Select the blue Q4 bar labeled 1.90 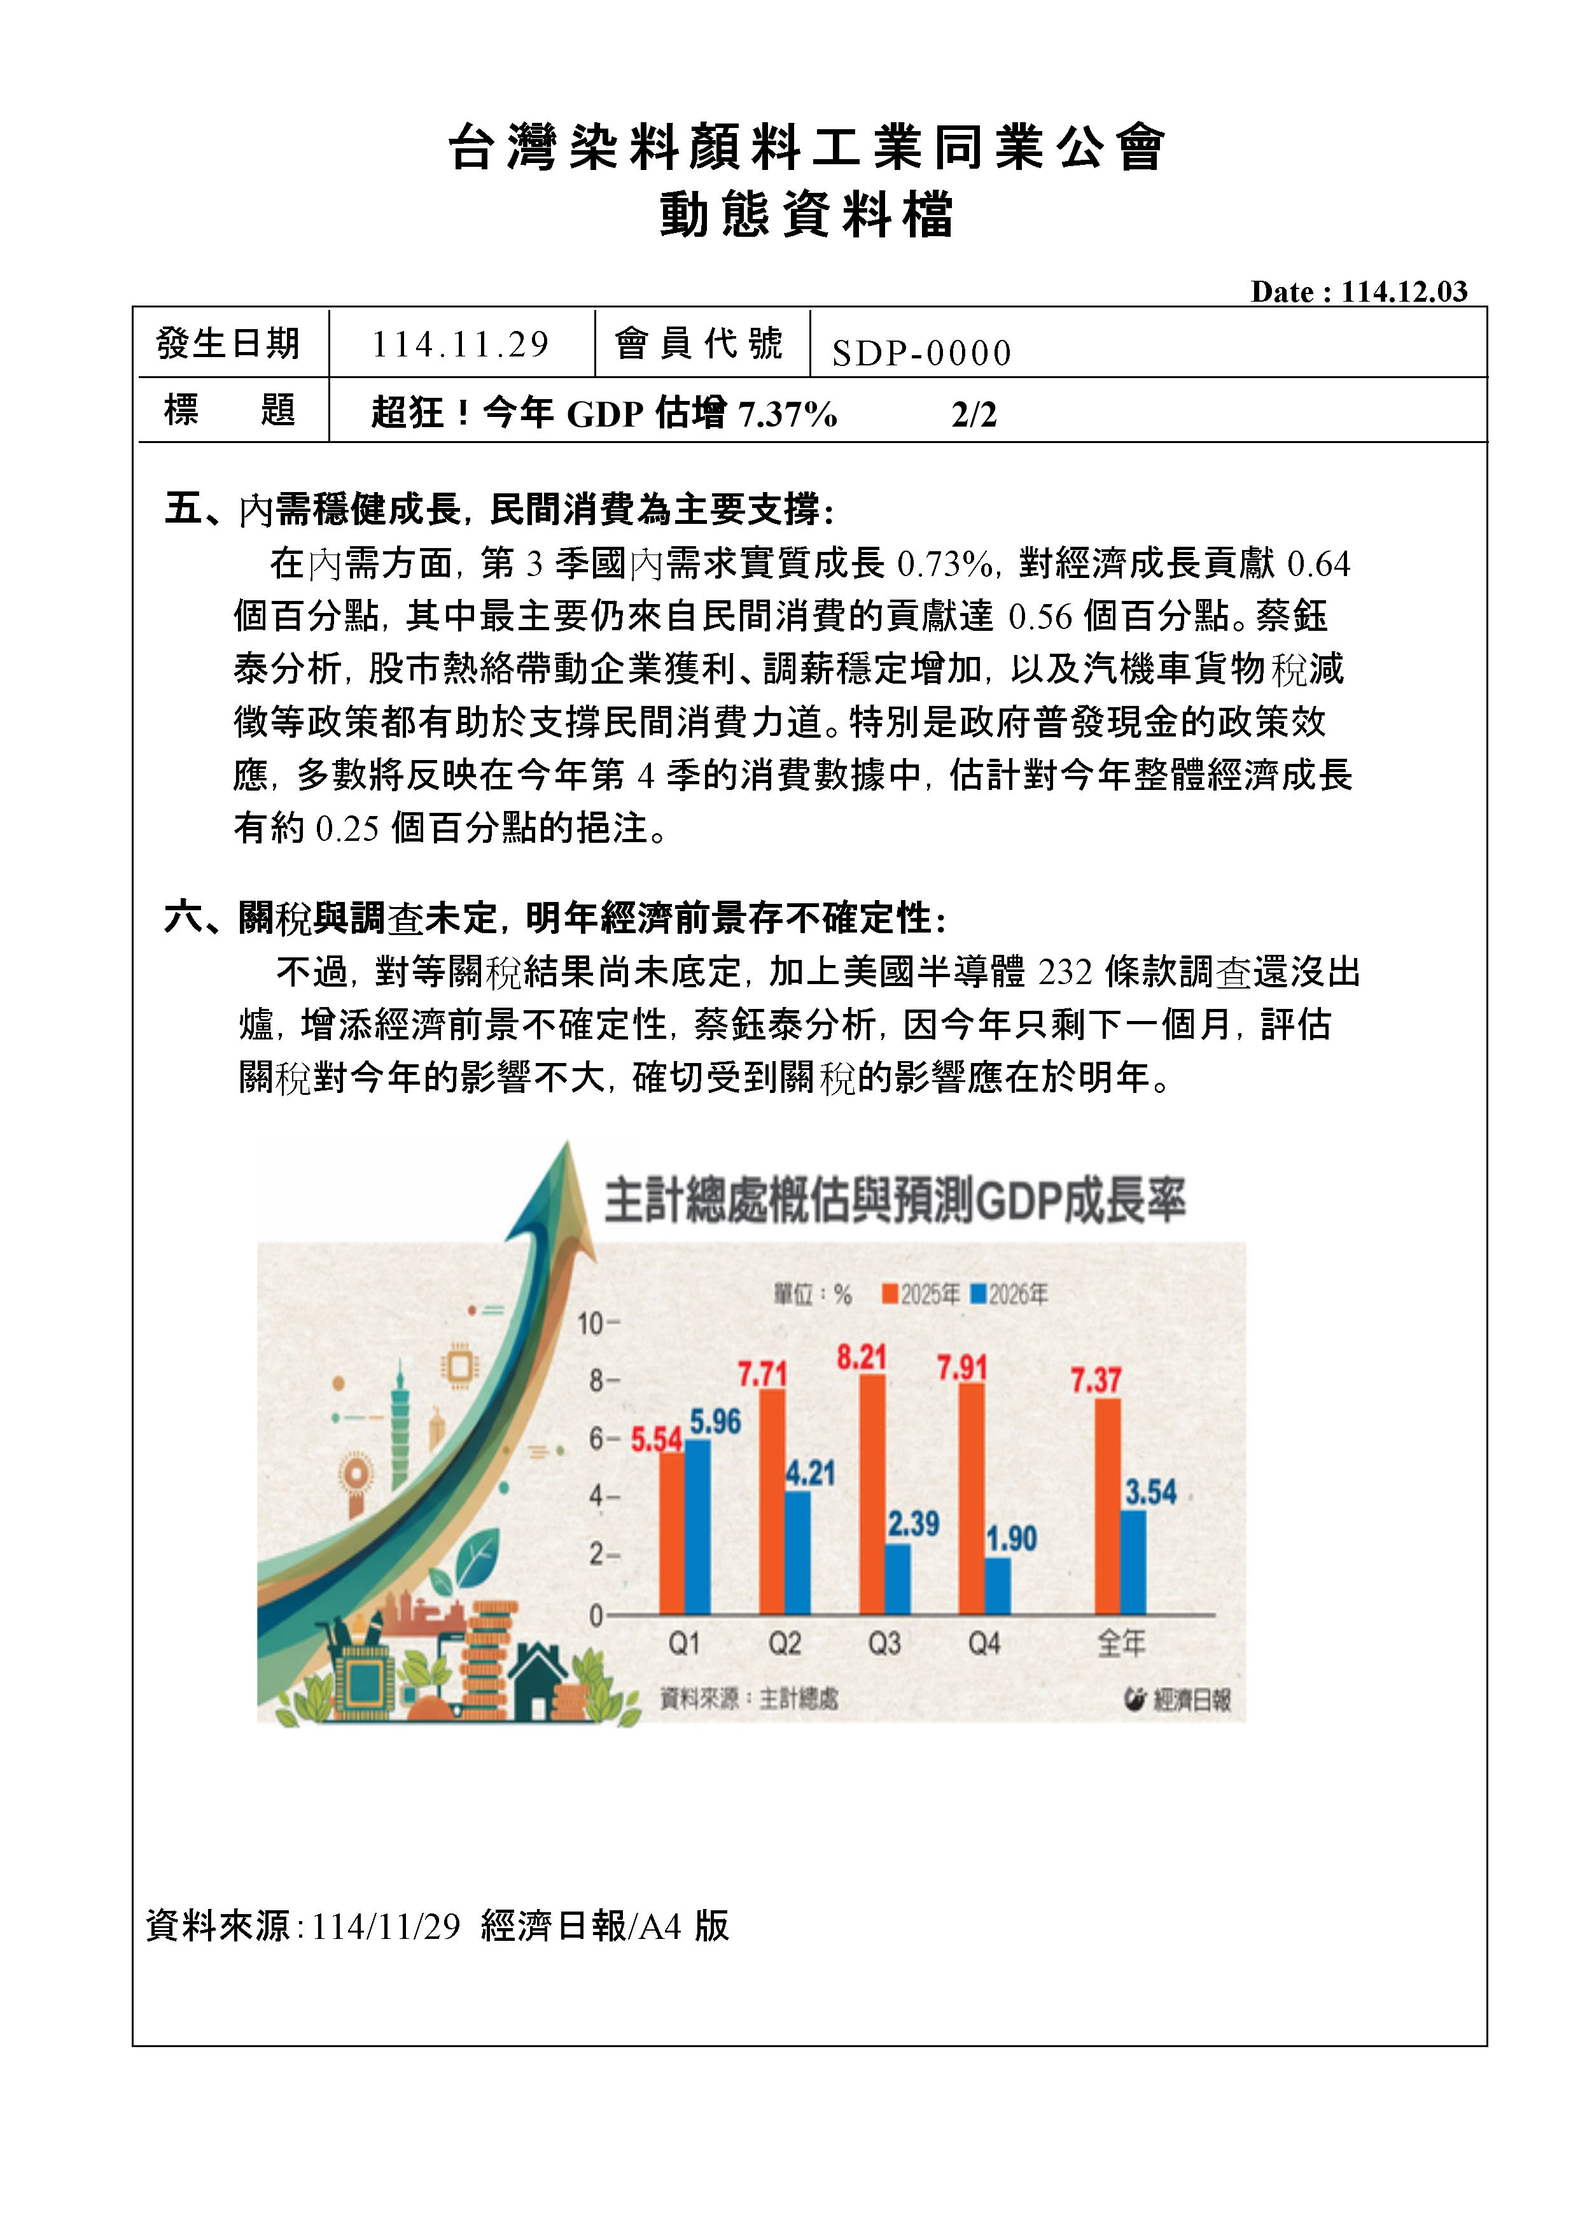point(998,1586)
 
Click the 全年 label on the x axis point(1121,1644)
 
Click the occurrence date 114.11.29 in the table point(460,344)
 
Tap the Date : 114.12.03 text point(1358,292)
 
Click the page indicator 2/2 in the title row point(974,415)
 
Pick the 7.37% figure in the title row point(788,415)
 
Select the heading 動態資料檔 point(806,216)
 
